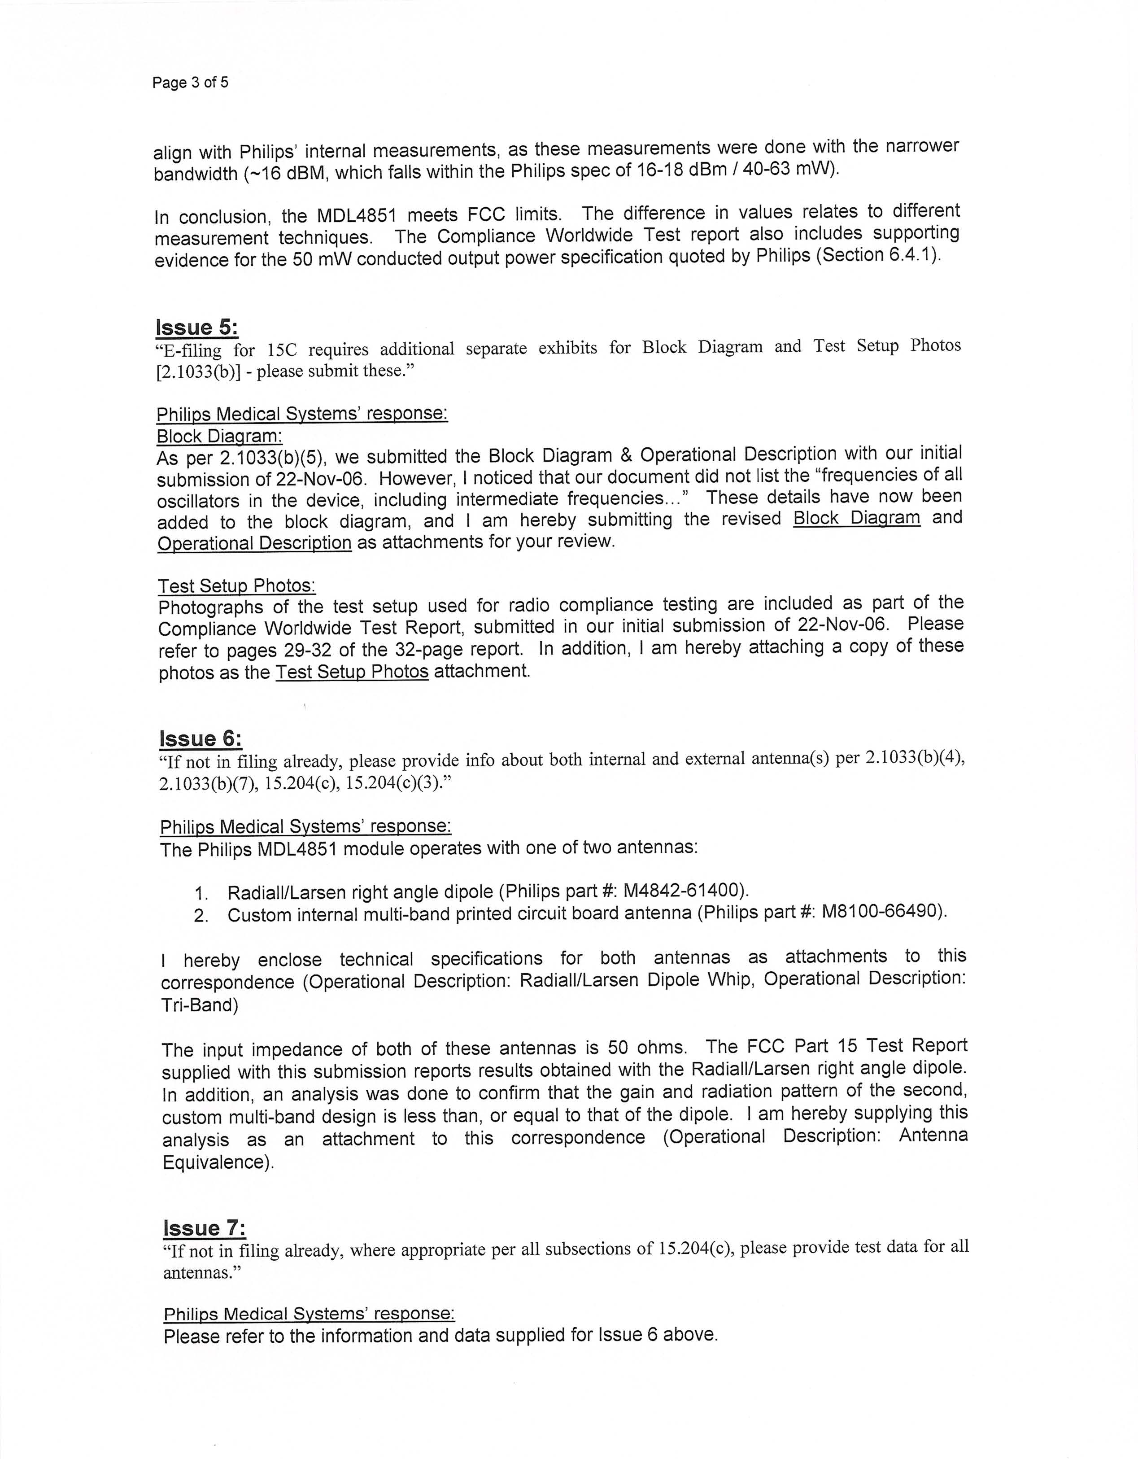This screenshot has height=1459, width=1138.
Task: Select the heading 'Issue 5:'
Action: pos(196,328)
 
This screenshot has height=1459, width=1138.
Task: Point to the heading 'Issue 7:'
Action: pos(205,1228)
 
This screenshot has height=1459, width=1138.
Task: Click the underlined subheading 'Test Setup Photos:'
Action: pos(236,586)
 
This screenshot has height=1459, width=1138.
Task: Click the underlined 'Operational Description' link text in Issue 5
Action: pos(254,542)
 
